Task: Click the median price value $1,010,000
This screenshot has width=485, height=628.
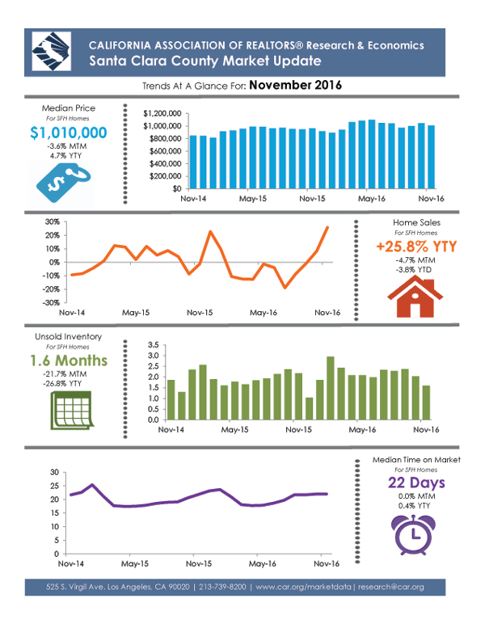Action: tap(69, 133)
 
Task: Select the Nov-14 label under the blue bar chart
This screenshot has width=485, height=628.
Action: tap(192, 198)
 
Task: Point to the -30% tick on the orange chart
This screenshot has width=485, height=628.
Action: tap(52, 302)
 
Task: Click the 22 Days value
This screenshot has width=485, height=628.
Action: tap(416, 483)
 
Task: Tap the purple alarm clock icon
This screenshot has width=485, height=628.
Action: tap(415, 530)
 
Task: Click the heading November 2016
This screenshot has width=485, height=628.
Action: tap(295, 85)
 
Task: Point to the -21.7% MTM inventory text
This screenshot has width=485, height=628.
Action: tap(69, 376)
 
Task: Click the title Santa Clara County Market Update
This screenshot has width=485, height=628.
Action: tap(205, 61)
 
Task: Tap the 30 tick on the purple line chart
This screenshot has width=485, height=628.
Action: tap(53, 472)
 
